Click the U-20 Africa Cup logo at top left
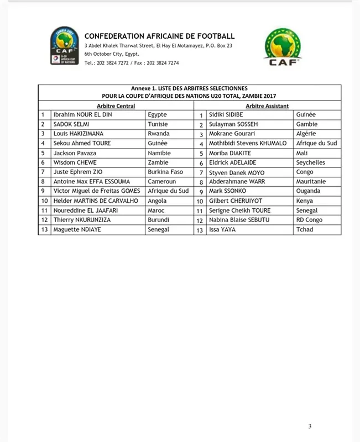tap(65, 45)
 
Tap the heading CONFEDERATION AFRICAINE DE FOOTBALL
tap(160, 36)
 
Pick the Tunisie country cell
tap(159, 124)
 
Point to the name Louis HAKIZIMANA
tap(78, 134)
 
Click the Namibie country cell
tap(159, 153)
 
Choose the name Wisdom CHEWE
tap(76, 162)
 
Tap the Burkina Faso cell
tap(166, 172)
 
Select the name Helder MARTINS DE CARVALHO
tap(95, 201)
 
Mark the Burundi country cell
tap(159, 220)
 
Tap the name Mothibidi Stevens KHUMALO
tap(247, 144)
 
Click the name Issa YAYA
tap(222, 229)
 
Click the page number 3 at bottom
tap(310, 426)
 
